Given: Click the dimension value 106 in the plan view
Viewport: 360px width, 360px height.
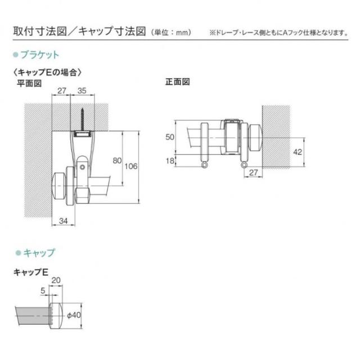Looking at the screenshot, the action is click(131, 166).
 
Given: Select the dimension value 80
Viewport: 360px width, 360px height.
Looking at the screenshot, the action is click(117, 160).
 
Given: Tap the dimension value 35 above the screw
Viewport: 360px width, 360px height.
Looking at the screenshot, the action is click(82, 91).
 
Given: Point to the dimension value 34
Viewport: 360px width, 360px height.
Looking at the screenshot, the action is click(64, 221).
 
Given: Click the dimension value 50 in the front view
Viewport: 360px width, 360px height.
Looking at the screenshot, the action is click(170, 137).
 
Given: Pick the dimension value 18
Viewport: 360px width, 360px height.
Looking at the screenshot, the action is click(170, 161).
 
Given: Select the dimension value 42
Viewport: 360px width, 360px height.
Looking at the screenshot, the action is click(298, 152).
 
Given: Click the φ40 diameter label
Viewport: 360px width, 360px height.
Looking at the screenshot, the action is click(74, 315).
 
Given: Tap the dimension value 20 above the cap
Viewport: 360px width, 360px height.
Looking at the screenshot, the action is click(56, 280).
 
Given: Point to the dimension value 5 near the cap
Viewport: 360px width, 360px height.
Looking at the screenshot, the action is click(43, 291).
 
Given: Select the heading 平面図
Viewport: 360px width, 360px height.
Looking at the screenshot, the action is click(29, 83).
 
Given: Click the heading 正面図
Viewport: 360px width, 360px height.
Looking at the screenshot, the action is click(178, 82).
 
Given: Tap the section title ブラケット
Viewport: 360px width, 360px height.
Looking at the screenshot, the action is click(40, 55).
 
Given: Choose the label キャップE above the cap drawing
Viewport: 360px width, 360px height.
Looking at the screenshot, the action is click(31, 272).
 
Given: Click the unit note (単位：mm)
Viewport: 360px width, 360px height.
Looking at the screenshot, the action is click(171, 32).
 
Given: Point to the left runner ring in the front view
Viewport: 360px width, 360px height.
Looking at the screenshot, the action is click(204, 165).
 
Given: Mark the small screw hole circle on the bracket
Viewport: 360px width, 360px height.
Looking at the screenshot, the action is click(82, 167).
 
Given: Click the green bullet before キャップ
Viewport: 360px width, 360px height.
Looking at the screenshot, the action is click(18, 253).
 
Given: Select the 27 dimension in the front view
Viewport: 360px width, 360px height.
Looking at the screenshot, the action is click(254, 173).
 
